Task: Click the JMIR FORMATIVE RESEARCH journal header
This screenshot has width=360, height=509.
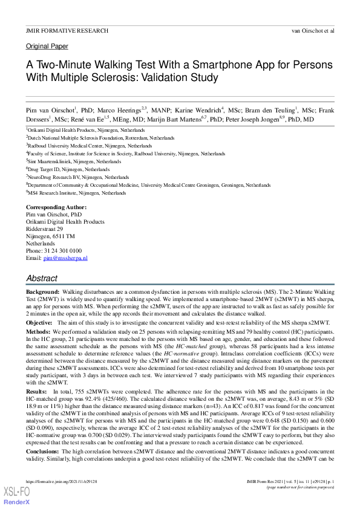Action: point(67,30)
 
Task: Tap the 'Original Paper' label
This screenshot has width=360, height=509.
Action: point(47,47)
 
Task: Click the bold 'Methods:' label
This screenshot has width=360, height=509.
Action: point(38,332)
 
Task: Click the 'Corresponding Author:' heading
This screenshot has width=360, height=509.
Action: point(56,207)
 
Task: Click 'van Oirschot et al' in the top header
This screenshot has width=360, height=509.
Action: point(313,30)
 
